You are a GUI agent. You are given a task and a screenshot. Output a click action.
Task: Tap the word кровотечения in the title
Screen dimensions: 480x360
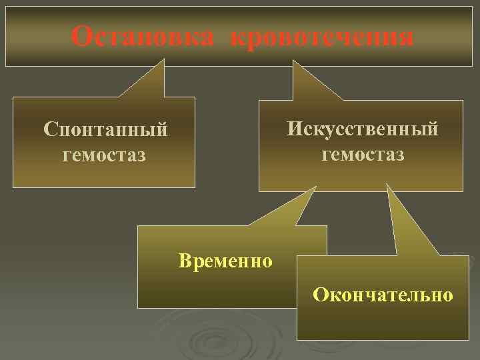coord(322,37)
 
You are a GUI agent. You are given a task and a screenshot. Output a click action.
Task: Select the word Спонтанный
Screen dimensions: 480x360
coord(105,128)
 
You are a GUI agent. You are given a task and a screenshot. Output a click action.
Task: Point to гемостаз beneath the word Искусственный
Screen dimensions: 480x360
coord(362,154)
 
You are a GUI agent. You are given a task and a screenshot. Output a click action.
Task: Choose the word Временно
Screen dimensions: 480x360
coord(225,260)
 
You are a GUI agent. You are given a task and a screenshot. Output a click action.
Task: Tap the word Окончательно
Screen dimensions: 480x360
coord(385,294)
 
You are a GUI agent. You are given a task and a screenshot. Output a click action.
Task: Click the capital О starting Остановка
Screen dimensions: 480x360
coord(81,37)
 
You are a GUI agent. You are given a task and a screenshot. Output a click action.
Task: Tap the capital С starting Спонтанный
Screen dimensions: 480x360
coord(48,128)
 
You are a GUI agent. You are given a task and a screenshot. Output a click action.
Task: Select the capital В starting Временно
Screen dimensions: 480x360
coord(184,260)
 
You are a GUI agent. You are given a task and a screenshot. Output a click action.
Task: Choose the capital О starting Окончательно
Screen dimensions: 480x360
coord(320,294)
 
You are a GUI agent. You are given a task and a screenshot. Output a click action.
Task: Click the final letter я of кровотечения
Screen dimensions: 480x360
coord(405,37)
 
